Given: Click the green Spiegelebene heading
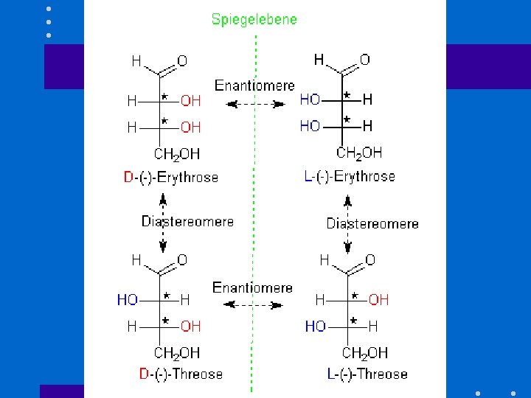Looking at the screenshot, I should [x=254, y=19].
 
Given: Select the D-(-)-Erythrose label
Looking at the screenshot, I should [x=171, y=177].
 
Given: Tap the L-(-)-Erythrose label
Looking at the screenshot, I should [x=349, y=176].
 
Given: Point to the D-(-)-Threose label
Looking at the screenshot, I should [x=181, y=374].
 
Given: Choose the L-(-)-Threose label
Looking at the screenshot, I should [x=367, y=374].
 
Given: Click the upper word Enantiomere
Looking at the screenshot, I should [x=254, y=86].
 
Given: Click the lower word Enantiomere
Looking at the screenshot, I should [x=252, y=287].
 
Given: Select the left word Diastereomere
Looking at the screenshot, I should [x=187, y=221].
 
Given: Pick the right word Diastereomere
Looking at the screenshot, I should [x=372, y=223].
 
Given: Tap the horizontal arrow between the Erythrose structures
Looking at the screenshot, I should [x=255, y=104].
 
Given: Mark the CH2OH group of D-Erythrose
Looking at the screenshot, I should [x=177, y=154].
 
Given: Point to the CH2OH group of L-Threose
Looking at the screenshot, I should [x=365, y=353].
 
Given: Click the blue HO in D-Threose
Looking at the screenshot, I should [x=128, y=300].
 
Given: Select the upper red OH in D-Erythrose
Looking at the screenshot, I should [x=191, y=100].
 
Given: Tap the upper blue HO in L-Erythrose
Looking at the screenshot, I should [x=310, y=99].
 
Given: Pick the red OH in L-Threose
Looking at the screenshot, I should [x=378, y=299].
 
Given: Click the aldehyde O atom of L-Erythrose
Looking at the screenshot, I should [x=364, y=60].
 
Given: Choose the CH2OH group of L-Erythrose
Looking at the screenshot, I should [x=359, y=153].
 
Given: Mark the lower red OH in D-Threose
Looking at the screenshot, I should [x=190, y=326].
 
